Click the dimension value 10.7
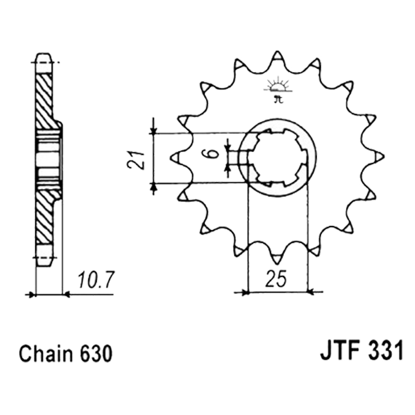[96, 280]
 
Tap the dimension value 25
[276, 279]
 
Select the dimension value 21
[136, 160]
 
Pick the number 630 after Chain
[96, 354]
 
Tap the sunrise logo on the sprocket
[278, 89]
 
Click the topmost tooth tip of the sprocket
[277, 51]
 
